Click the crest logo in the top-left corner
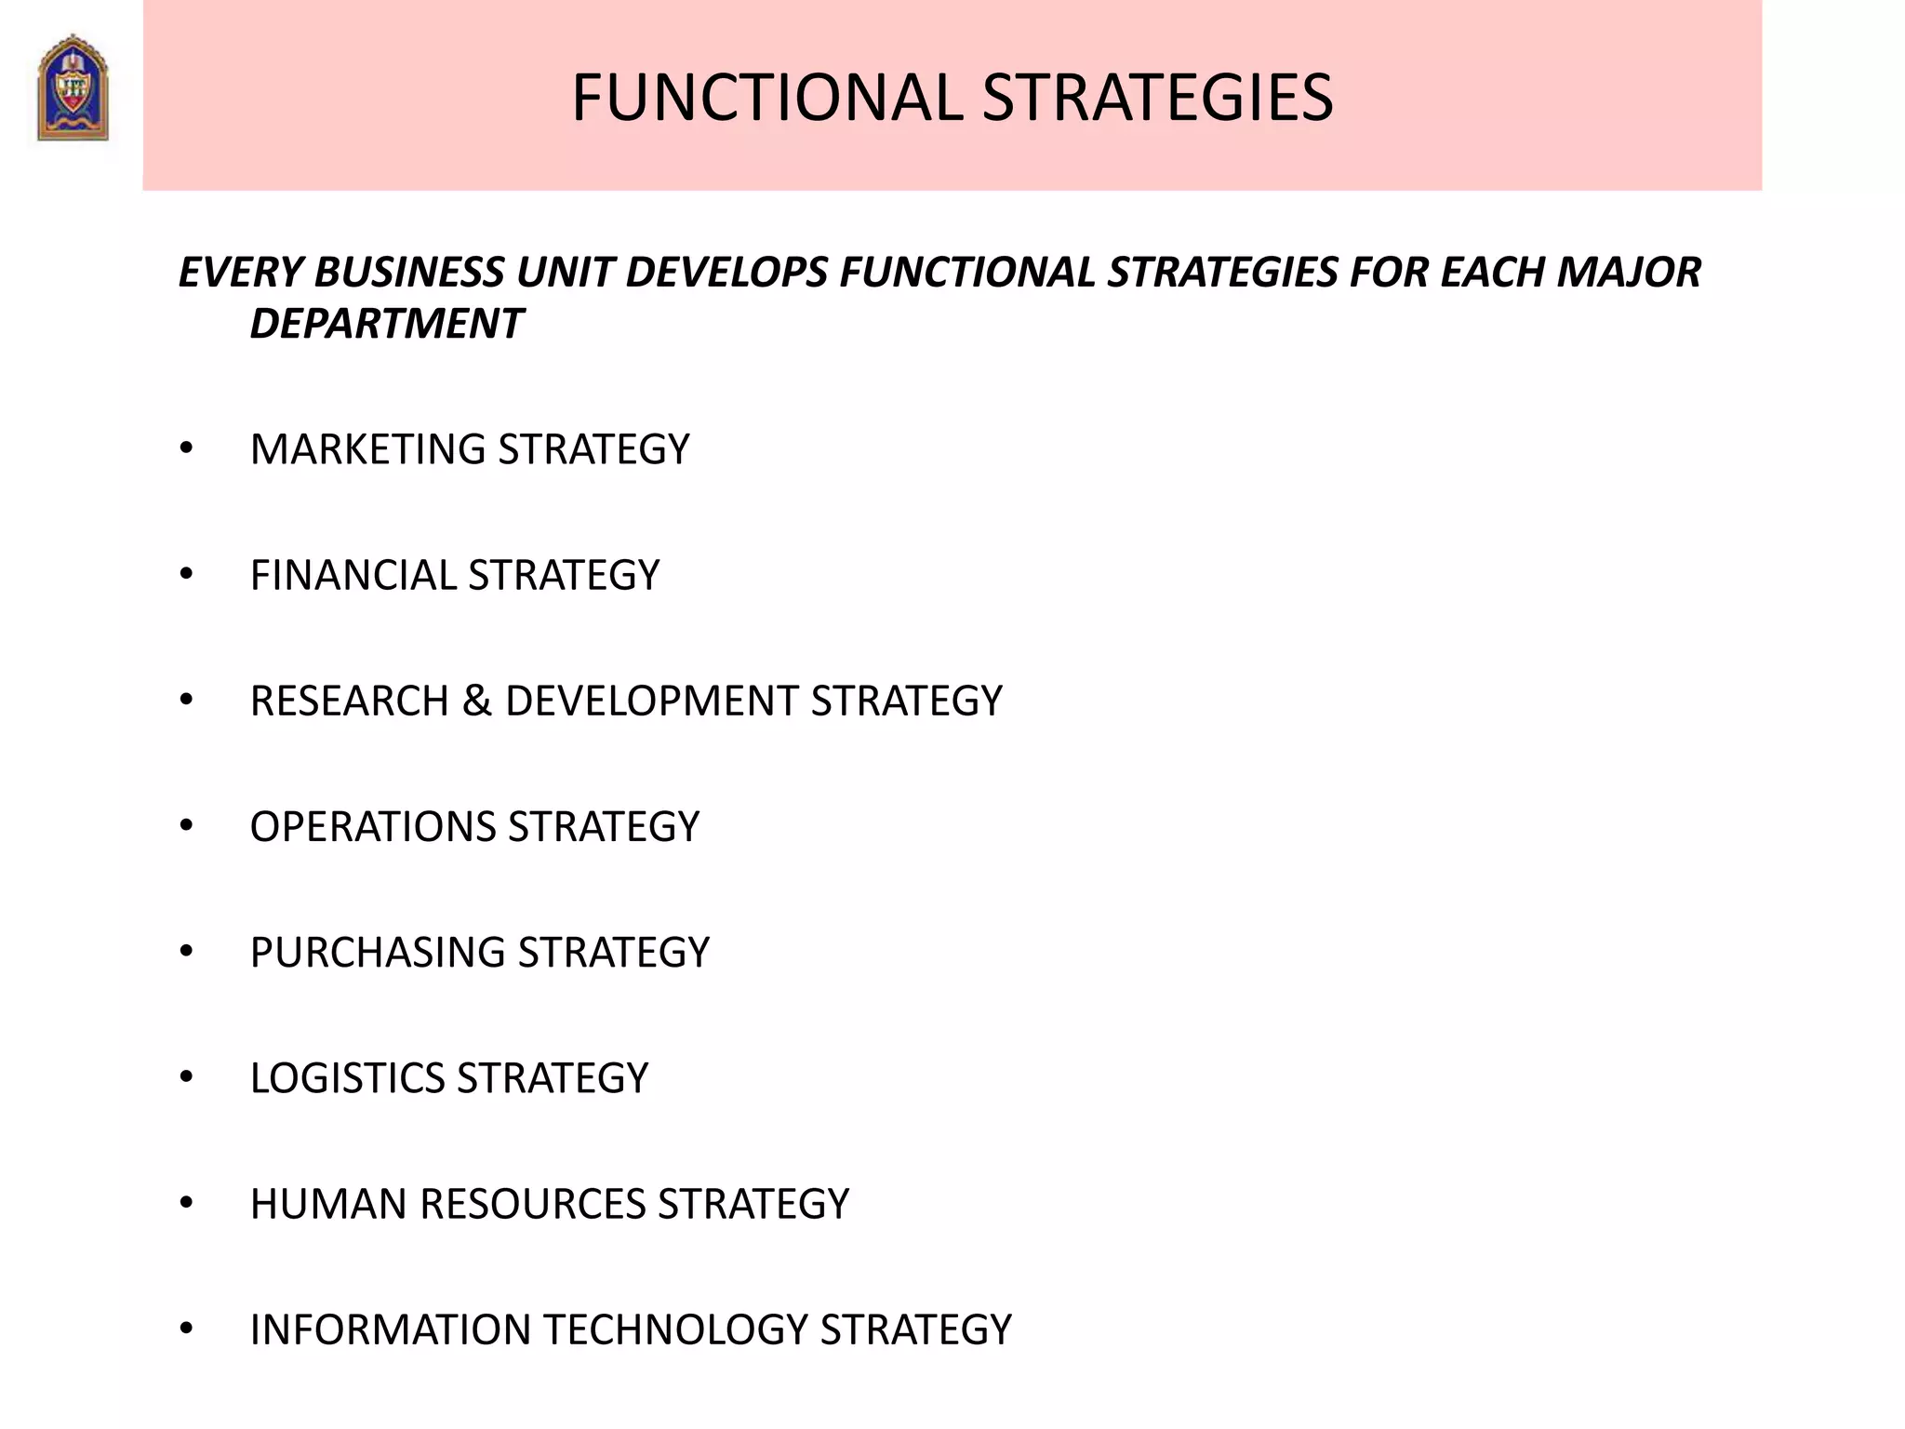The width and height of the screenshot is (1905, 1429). pos(73,88)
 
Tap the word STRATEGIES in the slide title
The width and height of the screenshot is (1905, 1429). pos(1157,98)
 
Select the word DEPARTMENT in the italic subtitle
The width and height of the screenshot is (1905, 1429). pos(386,324)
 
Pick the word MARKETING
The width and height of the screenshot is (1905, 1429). pos(368,449)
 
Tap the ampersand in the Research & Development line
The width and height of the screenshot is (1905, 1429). pos(476,701)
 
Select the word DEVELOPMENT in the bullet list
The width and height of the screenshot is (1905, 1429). pos(651,701)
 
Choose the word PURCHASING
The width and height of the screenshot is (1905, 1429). pos(378,953)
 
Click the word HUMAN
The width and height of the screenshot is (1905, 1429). pos(329,1204)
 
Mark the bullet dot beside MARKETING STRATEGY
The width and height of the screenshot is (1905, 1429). pos(187,449)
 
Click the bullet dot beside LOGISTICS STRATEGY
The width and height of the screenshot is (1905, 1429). pos(187,1077)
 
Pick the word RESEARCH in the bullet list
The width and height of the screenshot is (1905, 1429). pos(349,701)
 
